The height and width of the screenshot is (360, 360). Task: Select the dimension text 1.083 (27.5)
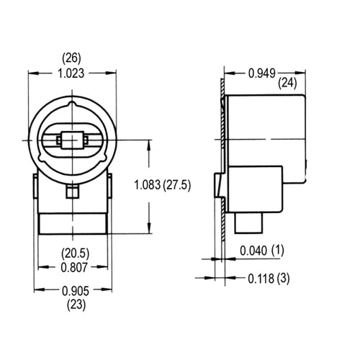[162, 185]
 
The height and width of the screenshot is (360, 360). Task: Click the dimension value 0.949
[264, 72]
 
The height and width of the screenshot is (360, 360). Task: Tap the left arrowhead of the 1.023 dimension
[31, 72]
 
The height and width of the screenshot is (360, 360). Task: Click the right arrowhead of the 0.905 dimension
[112, 291]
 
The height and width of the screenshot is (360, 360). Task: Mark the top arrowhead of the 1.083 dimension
[148, 142]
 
